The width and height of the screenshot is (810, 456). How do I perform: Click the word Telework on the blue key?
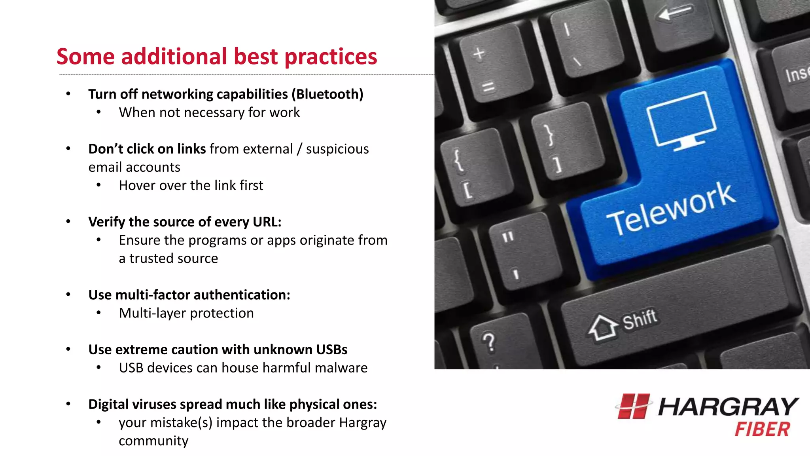671,209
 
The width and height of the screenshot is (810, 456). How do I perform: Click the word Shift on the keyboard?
640,319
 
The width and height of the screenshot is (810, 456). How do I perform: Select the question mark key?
489,342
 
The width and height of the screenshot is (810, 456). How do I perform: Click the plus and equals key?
484,69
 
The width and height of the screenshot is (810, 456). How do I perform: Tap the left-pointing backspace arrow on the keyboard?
674,13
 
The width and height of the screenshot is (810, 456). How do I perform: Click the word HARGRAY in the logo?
728,407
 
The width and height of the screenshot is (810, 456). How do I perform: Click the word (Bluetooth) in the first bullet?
327,94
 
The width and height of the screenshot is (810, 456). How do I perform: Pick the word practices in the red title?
331,57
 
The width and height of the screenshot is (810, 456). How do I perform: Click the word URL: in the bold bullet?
267,222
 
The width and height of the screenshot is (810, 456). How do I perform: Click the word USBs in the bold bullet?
331,350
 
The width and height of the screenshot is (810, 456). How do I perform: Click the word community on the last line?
153,441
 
